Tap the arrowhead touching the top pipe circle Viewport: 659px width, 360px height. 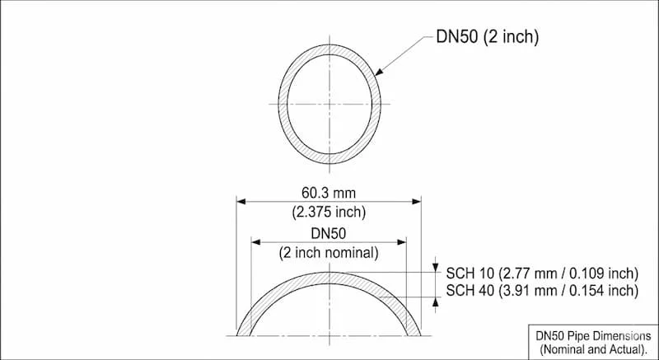(379, 73)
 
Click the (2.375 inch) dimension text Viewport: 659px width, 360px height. (329, 212)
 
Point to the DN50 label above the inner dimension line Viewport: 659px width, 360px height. (329, 234)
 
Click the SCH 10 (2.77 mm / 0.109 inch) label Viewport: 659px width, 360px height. (542, 273)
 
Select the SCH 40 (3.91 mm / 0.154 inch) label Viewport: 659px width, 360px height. (542, 290)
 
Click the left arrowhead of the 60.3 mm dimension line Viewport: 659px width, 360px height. (242, 200)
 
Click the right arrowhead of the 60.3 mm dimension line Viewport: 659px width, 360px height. (416, 200)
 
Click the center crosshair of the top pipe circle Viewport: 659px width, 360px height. (329, 103)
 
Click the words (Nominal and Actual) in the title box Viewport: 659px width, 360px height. (593, 349)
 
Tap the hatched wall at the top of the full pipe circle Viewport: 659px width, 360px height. (329, 50)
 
